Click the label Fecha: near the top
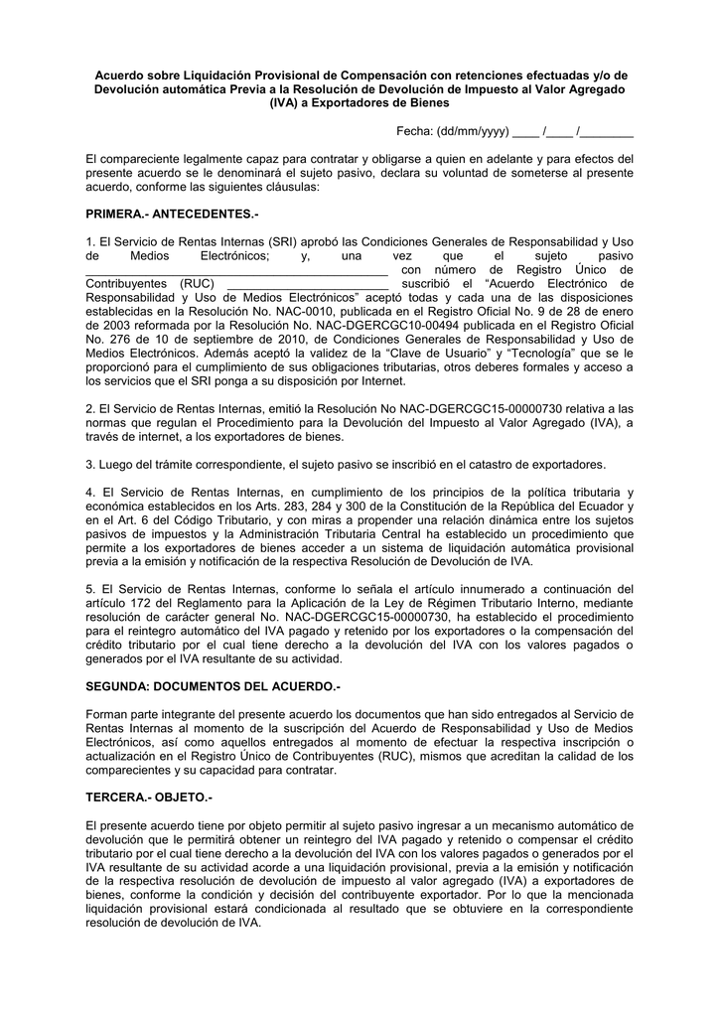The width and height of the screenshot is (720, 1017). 416,132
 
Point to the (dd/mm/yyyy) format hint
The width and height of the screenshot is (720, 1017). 475,132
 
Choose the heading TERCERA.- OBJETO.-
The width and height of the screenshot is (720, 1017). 150,798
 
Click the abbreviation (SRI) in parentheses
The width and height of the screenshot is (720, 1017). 281,241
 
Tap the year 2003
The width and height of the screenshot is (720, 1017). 108,324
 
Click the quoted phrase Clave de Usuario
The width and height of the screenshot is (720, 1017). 482,352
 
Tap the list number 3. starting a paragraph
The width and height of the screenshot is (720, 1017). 91,465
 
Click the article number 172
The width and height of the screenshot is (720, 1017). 149,604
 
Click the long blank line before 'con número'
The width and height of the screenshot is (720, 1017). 236,270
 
